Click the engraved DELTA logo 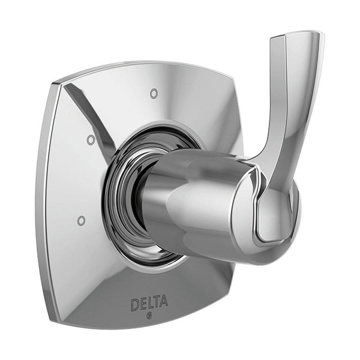tap(149, 304)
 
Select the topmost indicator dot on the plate tap(154, 94)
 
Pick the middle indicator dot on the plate tap(91, 140)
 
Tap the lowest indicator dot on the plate tap(81, 221)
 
